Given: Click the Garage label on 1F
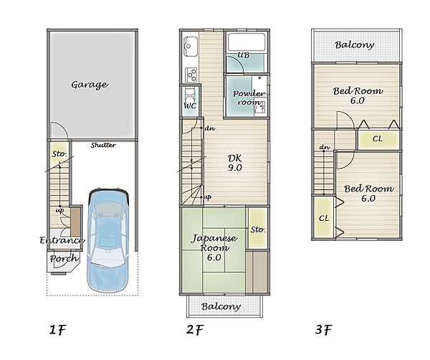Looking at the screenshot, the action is point(90,85).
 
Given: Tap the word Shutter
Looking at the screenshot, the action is point(103,145).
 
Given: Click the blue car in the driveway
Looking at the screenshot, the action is point(108,241).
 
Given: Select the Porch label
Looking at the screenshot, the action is point(64,258).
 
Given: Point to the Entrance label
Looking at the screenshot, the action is point(62,240).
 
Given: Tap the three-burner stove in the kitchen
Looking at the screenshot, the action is point(191,75).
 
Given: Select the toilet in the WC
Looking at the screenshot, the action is point(189,95).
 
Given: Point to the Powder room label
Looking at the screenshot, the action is point(249,98).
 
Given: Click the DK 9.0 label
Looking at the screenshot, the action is point(235,163).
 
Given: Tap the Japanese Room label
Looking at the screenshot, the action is point(214,247).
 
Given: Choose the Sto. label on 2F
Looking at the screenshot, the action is point(258,229).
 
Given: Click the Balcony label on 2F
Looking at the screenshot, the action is point(221,307).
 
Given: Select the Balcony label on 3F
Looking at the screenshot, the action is point(354,45).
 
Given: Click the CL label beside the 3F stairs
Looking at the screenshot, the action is point(324,218).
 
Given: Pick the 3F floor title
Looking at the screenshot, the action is point(324,329).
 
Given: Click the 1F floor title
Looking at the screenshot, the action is point(58,330).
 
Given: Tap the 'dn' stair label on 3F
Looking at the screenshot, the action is point(325,147).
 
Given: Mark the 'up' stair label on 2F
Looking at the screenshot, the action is point(208,197).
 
